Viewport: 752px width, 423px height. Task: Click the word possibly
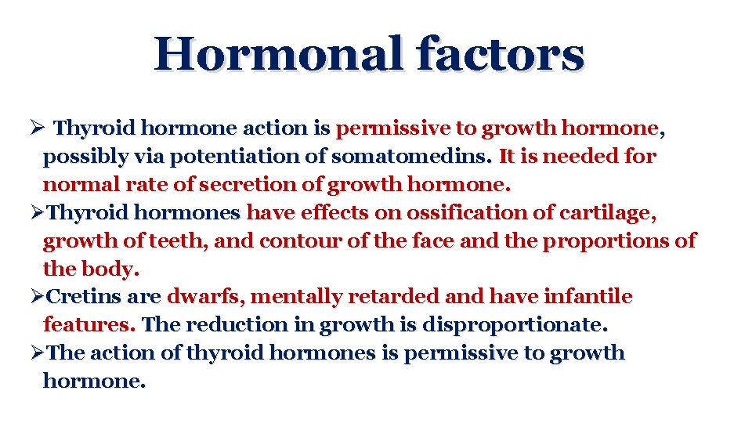81,157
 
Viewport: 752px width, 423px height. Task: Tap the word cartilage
605,213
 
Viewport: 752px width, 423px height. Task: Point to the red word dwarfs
205,297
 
